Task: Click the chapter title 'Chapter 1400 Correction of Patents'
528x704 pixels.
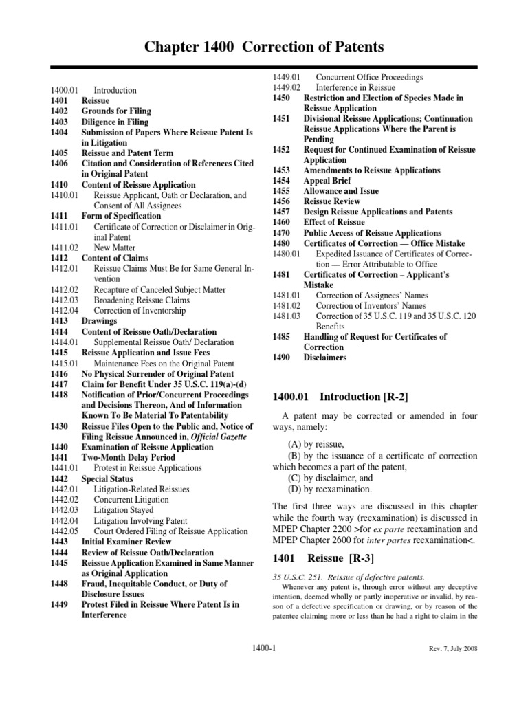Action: click(x=264, y=47)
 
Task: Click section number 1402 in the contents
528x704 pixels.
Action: click(x=59, y=111)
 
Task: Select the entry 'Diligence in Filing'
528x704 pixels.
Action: click(x=115, y=122)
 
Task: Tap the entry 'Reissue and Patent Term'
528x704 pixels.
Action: click(x=127, y=153)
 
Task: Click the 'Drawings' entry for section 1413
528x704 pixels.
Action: click(x=99, y=321)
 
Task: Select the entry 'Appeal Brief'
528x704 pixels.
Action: click(x=327, y=180)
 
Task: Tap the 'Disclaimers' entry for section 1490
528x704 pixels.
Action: click(x=325, y=357)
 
